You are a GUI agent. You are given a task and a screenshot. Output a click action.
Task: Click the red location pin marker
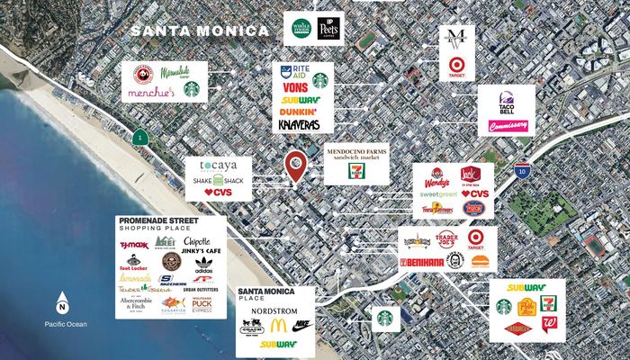click(294, 165)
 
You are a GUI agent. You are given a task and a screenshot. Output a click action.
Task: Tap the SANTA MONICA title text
click(199, 31)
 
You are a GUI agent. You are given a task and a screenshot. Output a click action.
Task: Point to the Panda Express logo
click(138, 73)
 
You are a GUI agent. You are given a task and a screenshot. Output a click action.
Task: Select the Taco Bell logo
click(503, 103)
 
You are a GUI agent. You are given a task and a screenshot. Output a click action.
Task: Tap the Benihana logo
click(422, 262)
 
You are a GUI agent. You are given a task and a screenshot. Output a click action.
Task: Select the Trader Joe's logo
click(446, 239)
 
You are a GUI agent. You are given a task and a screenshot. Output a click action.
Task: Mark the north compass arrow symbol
click(63, 301)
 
